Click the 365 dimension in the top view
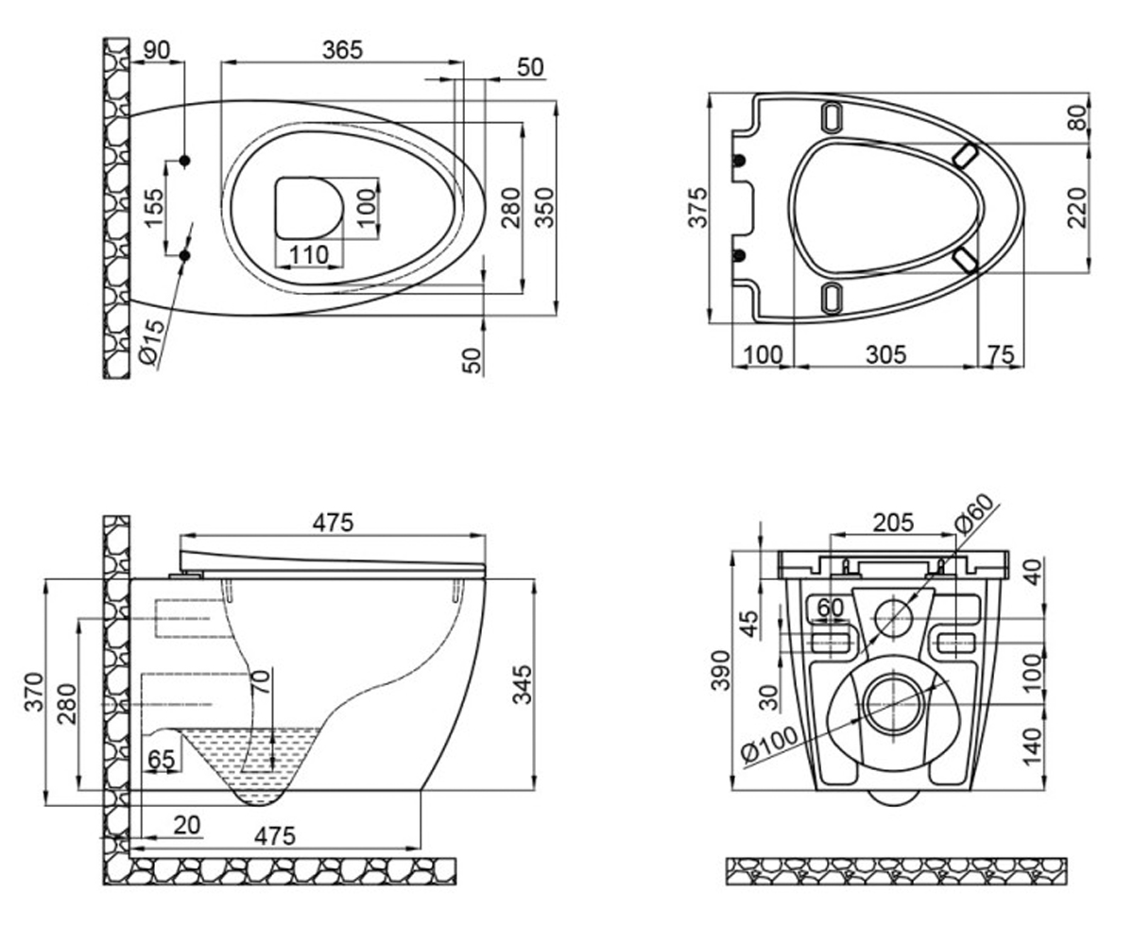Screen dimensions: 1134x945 click(x=342, y=50)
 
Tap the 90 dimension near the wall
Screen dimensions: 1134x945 click(x=157, y=50)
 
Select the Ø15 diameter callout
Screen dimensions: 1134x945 click(x=150, y=341)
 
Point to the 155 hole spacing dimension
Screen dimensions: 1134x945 click(x=154, y=208)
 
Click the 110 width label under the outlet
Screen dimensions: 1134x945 click(x=309, y=254)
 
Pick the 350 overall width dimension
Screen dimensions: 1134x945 click(x=543, y=208)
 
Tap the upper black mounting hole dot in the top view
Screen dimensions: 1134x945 click(x=184, y=161)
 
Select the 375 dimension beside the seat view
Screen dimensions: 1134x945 click(x=697, y=208)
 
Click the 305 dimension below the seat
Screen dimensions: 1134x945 click(x=885, y=354)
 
